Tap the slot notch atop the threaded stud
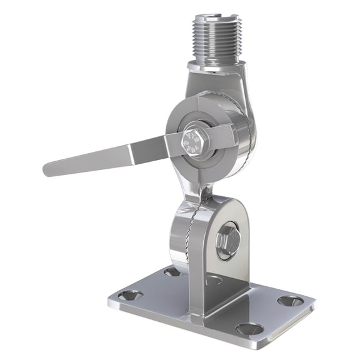point(215,14)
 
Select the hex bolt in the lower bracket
point(226,240)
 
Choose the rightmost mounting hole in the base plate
point(290,301)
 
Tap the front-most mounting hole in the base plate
point(249,328)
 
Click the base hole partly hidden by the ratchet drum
point(172,271)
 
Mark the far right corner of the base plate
point(312,306)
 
